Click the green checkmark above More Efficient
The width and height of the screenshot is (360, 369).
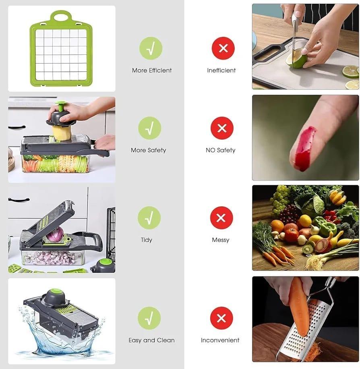(x=151, y=48)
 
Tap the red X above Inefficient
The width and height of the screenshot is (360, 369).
(x=223, y=48)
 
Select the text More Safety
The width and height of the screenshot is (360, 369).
(x=148, y=150)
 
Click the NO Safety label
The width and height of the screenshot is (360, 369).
(x=220, y=150)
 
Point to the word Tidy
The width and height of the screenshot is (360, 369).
(x=147, y=240)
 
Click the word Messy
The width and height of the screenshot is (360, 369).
(x=220, y=240)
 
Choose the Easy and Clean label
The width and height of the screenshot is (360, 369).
(x=151, y=340)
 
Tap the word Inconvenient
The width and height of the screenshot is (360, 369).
(x=220, y=340)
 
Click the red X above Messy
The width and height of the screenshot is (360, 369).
(x=221, y=218)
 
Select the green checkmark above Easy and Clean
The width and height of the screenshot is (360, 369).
(x=149, y=318)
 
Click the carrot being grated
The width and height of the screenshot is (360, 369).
(x=298, y=306)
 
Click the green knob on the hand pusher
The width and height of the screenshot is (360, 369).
(x=61, y=106)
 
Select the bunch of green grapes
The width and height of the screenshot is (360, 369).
(x=280, y=199)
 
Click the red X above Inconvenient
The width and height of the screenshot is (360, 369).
(x=221, y=318)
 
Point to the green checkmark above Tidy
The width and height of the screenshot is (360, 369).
(x=149, y=218)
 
